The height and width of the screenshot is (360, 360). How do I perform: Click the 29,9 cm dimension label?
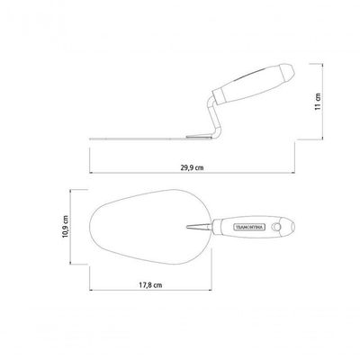[x=192, y=167]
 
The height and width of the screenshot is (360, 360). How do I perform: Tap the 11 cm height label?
[x=318, y=102]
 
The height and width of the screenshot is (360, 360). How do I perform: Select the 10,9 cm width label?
[x=66, y=227]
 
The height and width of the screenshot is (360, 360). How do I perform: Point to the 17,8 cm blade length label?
[x=150, y=285]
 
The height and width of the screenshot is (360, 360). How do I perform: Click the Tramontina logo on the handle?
[x=249, y=227]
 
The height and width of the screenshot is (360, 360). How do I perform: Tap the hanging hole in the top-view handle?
[x=276, y=227]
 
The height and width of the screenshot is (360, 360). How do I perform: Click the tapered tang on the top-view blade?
[x=199, y=227]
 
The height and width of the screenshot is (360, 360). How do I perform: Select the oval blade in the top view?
[x=151, y=227]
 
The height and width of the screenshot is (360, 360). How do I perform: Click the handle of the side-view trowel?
[x=254, y=83]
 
